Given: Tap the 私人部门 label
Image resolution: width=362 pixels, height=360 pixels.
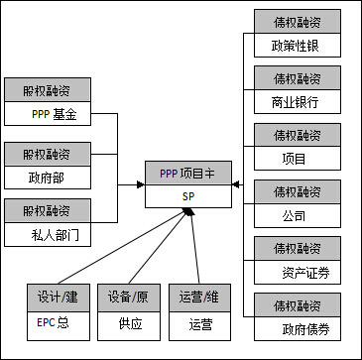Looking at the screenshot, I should [54, 236].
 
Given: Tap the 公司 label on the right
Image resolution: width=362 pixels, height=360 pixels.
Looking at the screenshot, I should [293, 215].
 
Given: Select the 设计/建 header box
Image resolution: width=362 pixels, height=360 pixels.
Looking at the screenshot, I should [57, 295].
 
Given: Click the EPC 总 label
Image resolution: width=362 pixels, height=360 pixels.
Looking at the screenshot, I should [56, 321].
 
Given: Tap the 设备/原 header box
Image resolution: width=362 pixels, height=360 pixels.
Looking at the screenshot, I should [128, 295].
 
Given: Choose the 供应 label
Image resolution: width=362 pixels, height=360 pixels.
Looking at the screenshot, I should [130, 322].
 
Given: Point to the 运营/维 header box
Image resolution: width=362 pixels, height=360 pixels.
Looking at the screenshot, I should [199, 295].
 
